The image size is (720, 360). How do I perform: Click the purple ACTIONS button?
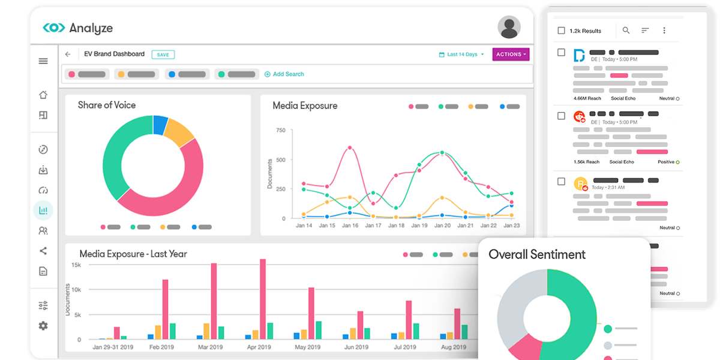(x=511, y=55)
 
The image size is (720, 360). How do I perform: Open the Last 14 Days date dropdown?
(x=461, y=55)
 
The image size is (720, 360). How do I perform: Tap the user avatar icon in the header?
(x=509, y=27)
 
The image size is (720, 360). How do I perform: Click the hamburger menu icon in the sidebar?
(x=43, y=61)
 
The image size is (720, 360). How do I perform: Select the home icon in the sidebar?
(x=43, y=95)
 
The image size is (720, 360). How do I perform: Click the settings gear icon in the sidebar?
(x=43, y=326)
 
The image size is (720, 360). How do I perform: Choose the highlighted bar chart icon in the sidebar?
(x=43, y=211)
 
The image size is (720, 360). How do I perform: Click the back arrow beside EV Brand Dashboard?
(x=68, y=55)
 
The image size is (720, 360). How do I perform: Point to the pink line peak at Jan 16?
(x=350, y=148)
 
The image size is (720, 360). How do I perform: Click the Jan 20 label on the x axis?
(x=442, y=226)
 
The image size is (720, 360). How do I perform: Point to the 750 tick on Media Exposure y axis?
(x=280, y=130)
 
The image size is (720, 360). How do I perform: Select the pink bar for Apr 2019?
(x=263, y=299)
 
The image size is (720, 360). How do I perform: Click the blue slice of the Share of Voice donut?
(x=160, y=125)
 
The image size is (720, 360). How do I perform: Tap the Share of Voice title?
(x=107, y=105)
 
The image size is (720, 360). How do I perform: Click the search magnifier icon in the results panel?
(x=626, y=31)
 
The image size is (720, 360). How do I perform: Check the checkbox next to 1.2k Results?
(x=561, y=31)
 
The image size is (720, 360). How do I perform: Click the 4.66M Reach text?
(x=587, y=98)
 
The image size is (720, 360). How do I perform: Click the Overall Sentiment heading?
(x=537, y=254)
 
